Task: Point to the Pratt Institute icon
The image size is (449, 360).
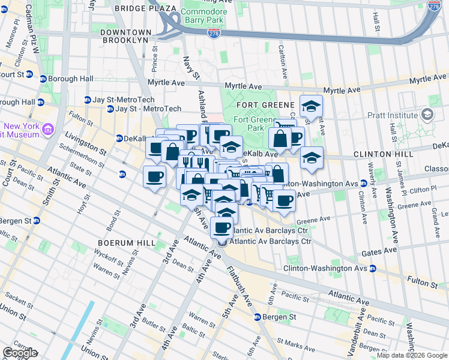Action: [x=427, y=114]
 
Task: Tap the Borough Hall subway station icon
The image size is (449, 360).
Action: [x=43, y=79]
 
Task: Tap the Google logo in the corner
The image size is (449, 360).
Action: [x=20, y=353]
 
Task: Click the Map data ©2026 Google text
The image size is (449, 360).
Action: [x=412, y=355]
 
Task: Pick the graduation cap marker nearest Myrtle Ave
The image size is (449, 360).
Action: [x=311, y=107]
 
